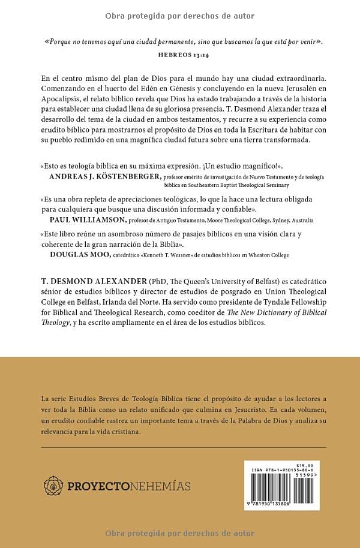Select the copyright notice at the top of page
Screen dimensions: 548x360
pyautogui.click(x=180, y=16)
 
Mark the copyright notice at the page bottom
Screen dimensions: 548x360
pyautogui.click(x=180, y=533)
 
